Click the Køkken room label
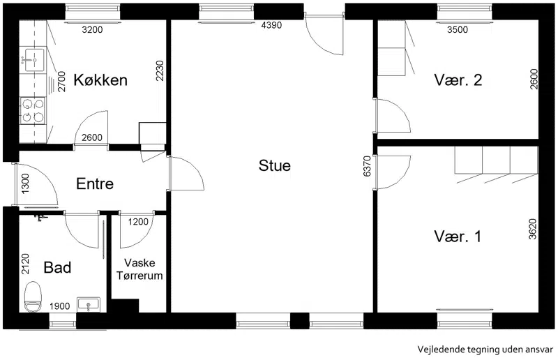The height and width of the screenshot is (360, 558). click(x=100, y=80)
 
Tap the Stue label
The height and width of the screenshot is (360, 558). click(x=274, y=165)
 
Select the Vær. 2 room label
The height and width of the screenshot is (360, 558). click(x=458, y=80)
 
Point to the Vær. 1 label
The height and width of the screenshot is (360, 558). click(x=458, y=237)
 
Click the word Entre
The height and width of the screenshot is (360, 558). click(x=95, y=183)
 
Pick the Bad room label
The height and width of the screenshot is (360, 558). click(x=57, y=267)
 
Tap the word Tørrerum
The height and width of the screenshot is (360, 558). click(x=139, y=276)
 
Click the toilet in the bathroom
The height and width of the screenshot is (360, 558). click(x=33, y=297)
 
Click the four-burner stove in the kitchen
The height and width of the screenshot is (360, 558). click(x=33, y=110)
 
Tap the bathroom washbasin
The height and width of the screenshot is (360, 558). click(x=89, y=305)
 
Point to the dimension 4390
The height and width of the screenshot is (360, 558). click(x=271, y=25)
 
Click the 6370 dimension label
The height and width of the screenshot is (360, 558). click(x=368, y=166)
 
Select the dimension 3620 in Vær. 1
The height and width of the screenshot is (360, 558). click(x=533, y=229)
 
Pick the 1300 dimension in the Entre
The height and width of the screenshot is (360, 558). click(x=26, y=183)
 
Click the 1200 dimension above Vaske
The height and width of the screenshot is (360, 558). click(x=138, y=222)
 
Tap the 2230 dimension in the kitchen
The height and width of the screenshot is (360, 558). click(x=160, y=71)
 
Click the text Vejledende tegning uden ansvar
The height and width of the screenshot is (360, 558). click(x=485, y=350)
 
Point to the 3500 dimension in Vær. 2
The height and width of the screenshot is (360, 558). click(x=458, y=29)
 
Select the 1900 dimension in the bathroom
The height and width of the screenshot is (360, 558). click(x=60, y=306)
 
